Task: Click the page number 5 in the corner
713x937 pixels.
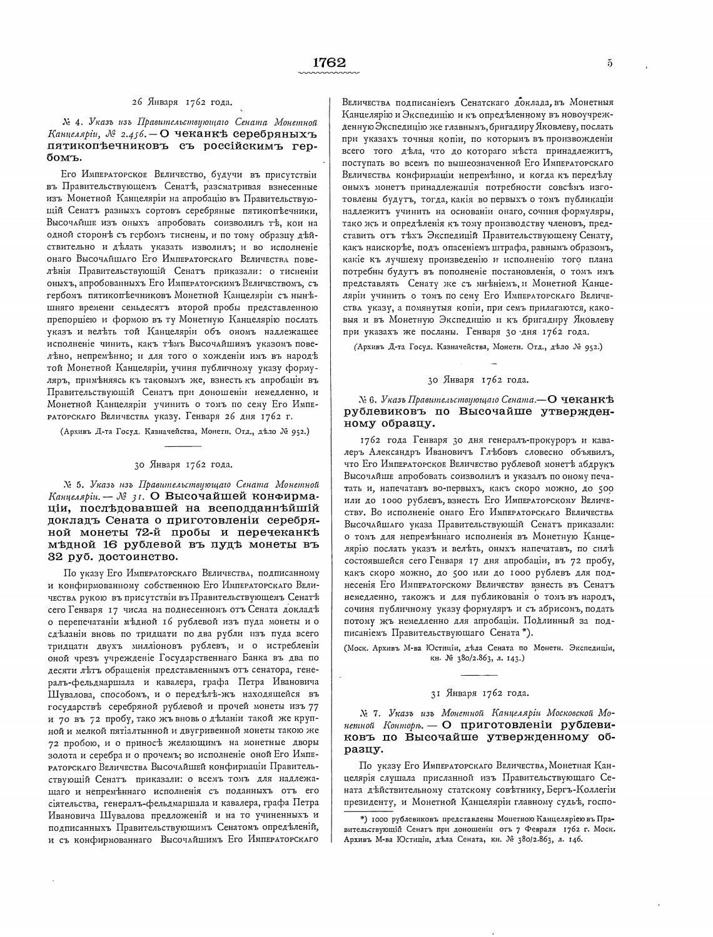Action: pos(609,63)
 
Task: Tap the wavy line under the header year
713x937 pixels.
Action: pos(330,73)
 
